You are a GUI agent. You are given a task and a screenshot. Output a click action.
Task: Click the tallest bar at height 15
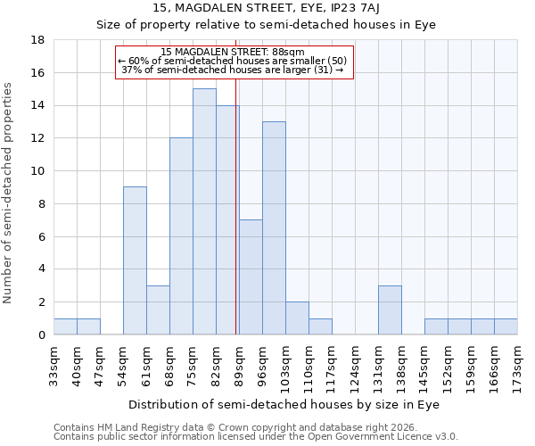pyautogui.click(x=204, y=211)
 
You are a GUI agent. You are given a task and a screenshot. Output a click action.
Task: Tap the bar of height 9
pyautogui.click(x=135, y=260)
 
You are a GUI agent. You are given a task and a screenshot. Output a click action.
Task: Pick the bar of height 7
pyautogui.click(x=251, y=277)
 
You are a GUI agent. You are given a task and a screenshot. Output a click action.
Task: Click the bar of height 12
pyautogui.click(x=181, y=236)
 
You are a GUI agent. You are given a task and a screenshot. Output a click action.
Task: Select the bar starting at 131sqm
pyautogui.click(x=390, y=310)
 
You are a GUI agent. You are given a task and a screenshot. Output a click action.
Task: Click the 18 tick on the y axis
pyautogui.click(x=38, y=40)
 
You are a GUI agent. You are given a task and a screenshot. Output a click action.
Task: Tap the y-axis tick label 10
pyautogui.click(x=38, y=171)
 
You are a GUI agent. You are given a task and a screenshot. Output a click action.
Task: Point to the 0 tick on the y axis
pyautogui.click(x=42, y=334)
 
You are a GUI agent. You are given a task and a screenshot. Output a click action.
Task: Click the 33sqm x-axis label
pyautogui.click(x=53, y=364)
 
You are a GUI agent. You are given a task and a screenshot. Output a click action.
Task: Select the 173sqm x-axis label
pyautogui.click(x=517, y=364)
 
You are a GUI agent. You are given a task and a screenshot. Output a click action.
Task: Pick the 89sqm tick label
pyautogui.click(x=239, y=364)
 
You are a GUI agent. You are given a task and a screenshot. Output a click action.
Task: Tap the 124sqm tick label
pyautogui.click(x=355, y=364)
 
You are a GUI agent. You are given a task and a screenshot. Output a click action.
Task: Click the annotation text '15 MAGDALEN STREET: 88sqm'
pyautogui.click(x=235, y=52)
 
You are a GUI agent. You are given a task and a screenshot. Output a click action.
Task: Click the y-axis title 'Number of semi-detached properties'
pyautogui.click(x=9, y=193)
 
